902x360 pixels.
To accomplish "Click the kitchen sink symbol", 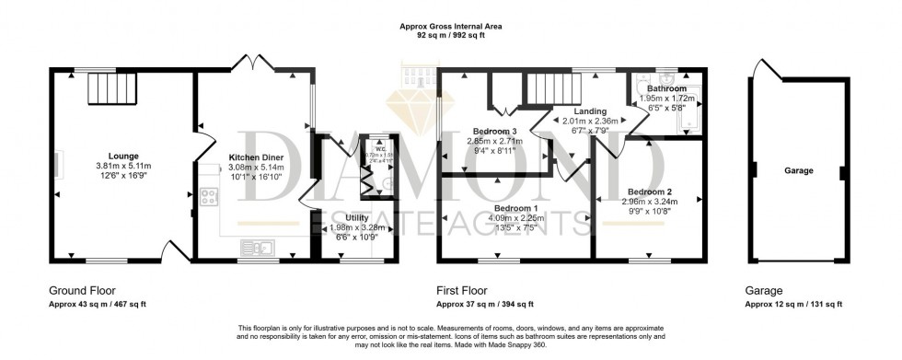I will point(257,247).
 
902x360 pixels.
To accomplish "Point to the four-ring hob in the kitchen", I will point(209,196).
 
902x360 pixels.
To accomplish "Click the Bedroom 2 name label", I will point(651,191).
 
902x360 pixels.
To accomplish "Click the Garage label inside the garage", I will point(798,171).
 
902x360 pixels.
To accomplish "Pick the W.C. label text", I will point(379,147).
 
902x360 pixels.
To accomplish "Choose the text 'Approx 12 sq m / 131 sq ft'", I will point(792,304).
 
